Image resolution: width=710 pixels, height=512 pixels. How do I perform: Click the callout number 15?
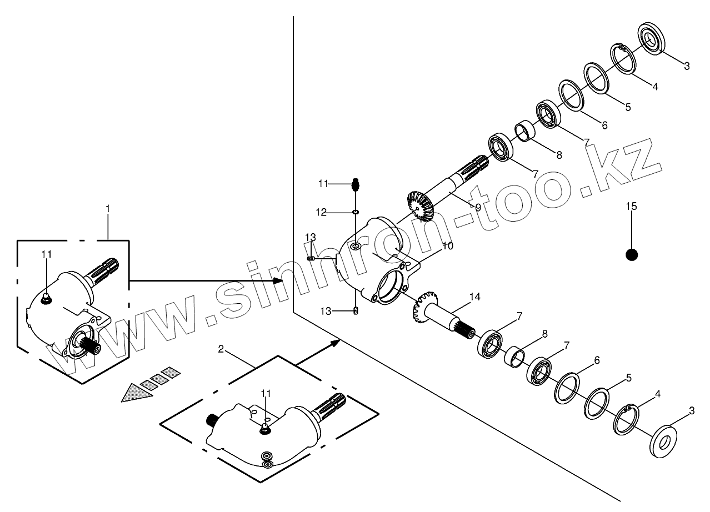pyautogui.click(x=631, y=207)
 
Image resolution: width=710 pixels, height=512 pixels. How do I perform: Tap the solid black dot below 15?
pyautogui.click(x=631, y=254)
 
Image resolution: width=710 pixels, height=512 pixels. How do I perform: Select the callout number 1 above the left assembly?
pyautogui.click(x=108, y=209)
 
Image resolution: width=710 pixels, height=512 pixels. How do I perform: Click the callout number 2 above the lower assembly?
pyautogui.click(x=221, y=349)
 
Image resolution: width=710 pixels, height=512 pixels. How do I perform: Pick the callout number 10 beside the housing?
pyautogui.click(x=448, y=245)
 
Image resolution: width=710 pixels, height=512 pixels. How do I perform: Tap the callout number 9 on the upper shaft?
pyautogui.click(x=477, y=207)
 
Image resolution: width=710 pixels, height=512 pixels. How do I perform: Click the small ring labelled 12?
pyautogui.click(x=356, y=212)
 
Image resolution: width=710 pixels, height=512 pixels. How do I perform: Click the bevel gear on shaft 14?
pyautogui.click(x=424, y=309)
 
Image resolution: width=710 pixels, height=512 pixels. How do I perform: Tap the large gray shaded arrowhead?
pyautogui.click(x=137, y=393)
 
